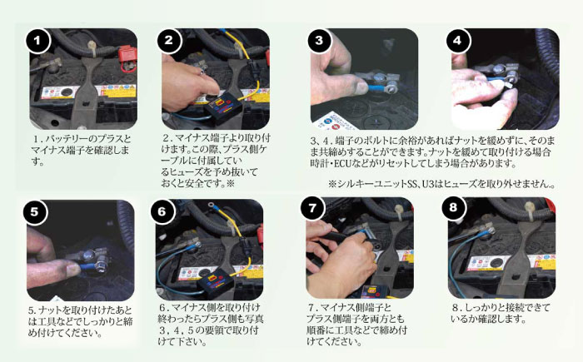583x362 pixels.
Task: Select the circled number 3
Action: click(x=318, y=40)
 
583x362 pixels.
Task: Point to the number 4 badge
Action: click(x=457, y=40)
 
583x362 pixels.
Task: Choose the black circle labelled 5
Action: click(x=34, y=211)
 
